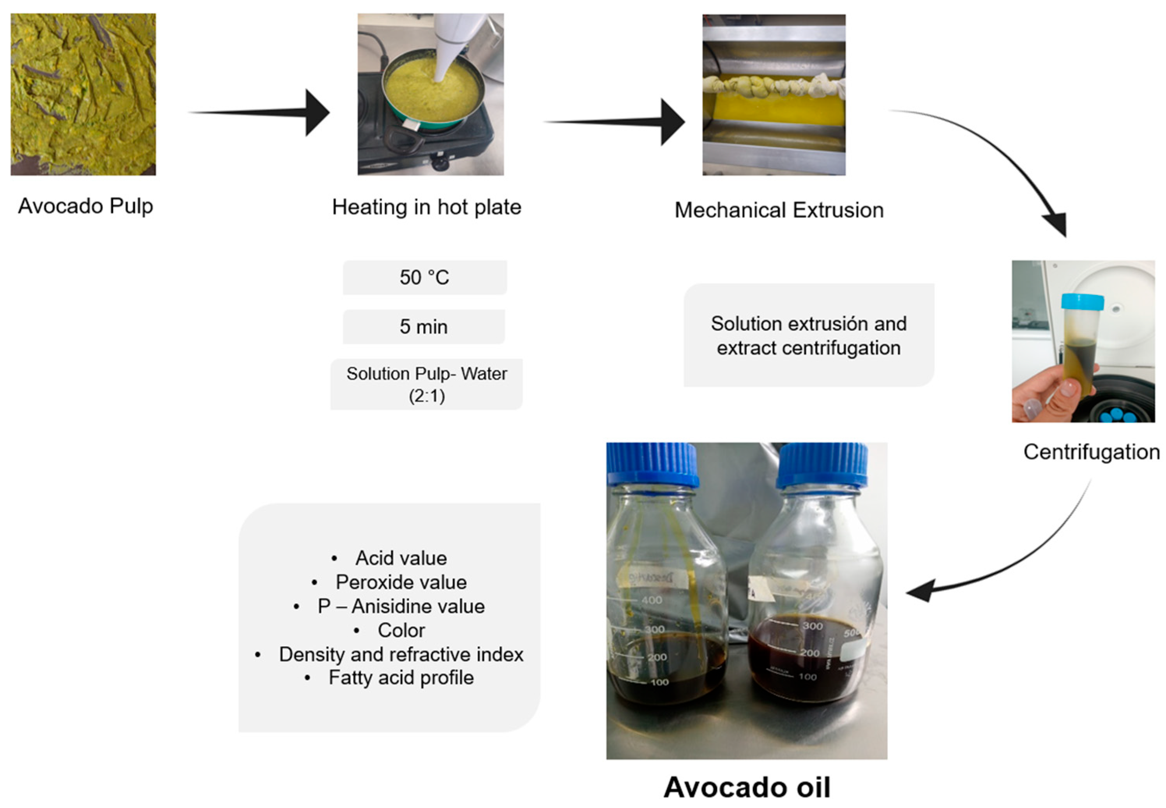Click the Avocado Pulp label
(85, 206)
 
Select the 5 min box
(424, 327)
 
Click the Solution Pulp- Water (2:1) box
(427, 384)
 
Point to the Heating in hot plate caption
(427, 207)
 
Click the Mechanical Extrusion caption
(779, 210)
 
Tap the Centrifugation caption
(1092, 452)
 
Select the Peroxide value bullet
(401, 582)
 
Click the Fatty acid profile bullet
(401, 677)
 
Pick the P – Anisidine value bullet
(401, 606)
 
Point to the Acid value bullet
(401, 558)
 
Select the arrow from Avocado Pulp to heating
(263, 112)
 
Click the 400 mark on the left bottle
(652, 600)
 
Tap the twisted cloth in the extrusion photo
(774, 87)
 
